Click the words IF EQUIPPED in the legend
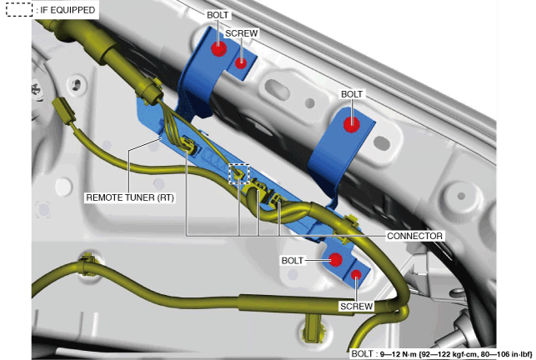68,12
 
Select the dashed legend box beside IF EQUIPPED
18,12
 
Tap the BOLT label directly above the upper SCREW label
219,15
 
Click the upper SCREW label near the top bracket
241,33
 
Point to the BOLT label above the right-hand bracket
352,95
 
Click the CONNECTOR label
414,236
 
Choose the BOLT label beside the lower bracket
293,261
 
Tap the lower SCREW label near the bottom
356,307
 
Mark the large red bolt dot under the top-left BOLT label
218,48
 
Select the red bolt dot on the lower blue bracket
336,260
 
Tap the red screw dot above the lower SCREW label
356,274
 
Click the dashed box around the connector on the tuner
239,173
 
